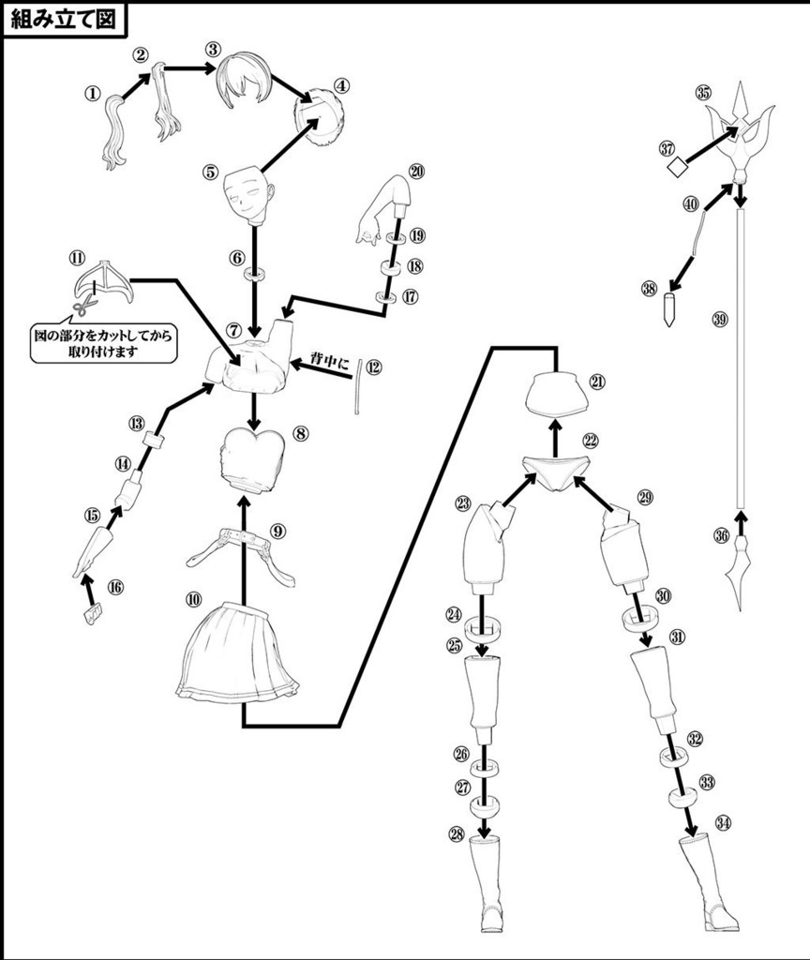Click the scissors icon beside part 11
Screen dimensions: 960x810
(x=82, y=306)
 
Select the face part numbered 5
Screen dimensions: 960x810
(x=248, y=192)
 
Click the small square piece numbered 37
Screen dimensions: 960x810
(x=676, y=167)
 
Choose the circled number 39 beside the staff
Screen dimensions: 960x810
(x=719, y=320)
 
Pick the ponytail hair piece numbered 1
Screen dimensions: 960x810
(x=117, y=131)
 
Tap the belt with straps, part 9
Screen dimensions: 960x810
(x=242, y=554)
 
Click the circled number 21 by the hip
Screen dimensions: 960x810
(x=598, y=382)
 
